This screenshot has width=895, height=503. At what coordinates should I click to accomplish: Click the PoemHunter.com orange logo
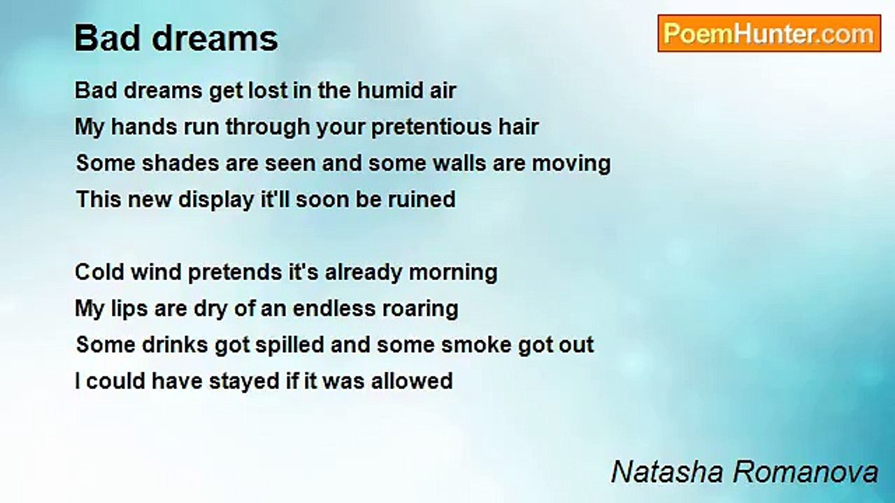769,34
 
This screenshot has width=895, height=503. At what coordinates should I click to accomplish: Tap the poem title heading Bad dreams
176,38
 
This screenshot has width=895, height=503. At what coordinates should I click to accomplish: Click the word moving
571,164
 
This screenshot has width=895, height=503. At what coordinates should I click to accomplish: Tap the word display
216,200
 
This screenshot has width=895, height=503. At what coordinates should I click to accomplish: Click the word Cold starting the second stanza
100,272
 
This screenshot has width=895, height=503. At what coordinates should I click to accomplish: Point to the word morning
453,273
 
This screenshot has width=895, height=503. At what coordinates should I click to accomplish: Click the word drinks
175,345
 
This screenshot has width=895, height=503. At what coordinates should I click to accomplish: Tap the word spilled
289,346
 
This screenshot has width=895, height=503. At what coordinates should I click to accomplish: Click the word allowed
412,381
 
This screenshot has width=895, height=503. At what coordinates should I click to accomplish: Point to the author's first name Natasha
667,472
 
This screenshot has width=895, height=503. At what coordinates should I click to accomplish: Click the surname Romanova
805,472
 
